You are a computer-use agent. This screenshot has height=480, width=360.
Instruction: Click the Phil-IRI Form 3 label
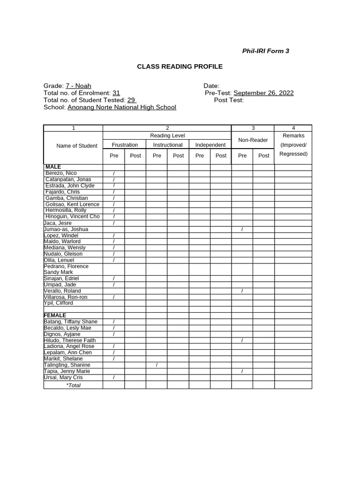point(265,51)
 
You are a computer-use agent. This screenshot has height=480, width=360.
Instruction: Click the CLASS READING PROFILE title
point(180,67)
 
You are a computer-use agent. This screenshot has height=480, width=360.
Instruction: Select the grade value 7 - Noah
point(78,86)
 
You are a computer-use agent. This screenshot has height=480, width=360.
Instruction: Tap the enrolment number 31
point(116,93)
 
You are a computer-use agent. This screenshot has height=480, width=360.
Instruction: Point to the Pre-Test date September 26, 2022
point(263,93)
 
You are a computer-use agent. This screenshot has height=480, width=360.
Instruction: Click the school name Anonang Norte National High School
point(122,107)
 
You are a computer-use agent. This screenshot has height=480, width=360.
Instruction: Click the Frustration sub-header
point(125,145)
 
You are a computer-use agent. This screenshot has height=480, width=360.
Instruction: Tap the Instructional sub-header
point(167,145)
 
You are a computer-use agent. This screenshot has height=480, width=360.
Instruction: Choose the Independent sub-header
point(210,145)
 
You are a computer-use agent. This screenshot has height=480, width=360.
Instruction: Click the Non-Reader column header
point(253,140)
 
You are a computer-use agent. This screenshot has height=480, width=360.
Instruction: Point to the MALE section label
point(53,167)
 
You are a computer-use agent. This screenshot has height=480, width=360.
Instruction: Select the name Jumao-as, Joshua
point(66,229)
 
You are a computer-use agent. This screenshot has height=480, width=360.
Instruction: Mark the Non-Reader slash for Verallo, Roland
point(242,291)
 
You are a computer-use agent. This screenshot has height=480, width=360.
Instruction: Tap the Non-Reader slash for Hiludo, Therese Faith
point(242,340)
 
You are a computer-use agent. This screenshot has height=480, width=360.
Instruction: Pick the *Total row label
point(73,385)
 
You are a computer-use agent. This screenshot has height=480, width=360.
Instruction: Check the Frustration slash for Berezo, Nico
point(114,173)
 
